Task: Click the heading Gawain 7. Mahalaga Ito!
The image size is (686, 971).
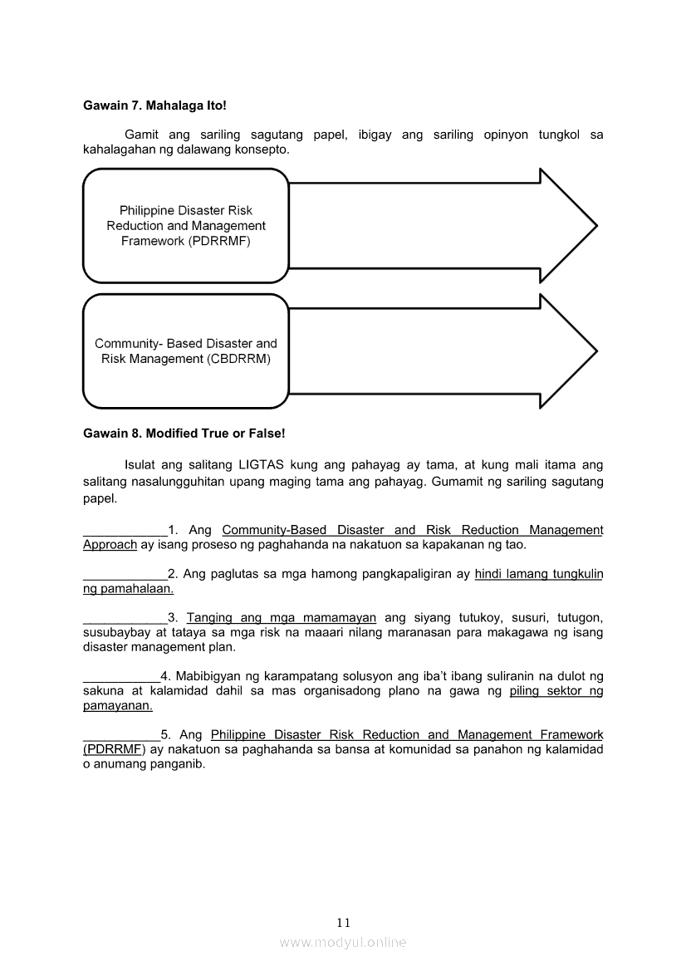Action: coord(154,106)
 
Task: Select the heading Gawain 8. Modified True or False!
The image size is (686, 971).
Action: coord(184,434)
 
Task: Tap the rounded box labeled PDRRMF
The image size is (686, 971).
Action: coord(186,226)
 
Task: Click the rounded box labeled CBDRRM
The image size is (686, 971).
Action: coord(186,351)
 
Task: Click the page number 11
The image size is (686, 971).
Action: coord(344,923)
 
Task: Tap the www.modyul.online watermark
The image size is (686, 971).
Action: coord(343,942)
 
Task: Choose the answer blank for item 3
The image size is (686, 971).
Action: coord(125,620)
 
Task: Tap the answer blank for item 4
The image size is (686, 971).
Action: coord(121,678)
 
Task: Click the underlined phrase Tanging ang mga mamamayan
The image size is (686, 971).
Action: coord(282,618)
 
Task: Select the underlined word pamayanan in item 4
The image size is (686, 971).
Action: coord(118,706)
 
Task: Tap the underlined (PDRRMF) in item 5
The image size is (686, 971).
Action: coord(114,750)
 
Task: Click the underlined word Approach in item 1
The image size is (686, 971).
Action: coord(110,545)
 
